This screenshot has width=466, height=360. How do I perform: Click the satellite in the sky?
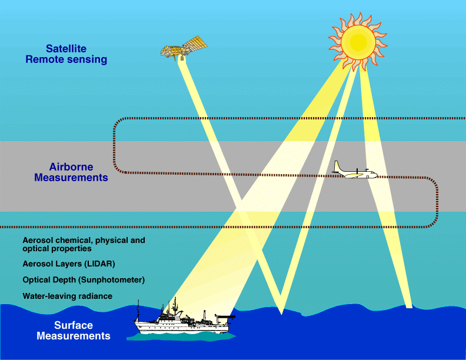click(x=183, y=47)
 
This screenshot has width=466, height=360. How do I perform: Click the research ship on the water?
click(x=182, y=321)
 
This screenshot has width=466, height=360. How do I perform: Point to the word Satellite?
click(x=66, y=49)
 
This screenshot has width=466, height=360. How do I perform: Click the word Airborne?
click(x=71, y=167)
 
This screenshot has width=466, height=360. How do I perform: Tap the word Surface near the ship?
click(x=73, y=326)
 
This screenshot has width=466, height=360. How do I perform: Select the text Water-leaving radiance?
click(x=67, y=296)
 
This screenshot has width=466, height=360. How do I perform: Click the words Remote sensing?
click(x=66, y=59)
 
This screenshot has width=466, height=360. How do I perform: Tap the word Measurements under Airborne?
click(x=71, y=177)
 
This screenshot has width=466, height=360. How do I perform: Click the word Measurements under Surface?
click(x=73, y=336)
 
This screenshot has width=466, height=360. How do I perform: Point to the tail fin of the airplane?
click(x=336, y=166)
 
